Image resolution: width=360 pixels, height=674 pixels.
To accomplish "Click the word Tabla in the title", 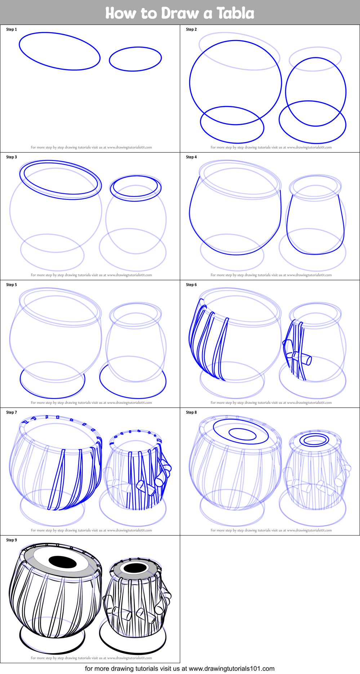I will pos(235,13).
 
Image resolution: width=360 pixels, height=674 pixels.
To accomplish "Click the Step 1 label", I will pos(12,30).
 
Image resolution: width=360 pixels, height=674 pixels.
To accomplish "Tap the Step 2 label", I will pos(191,30).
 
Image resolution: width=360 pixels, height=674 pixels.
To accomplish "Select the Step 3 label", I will pos(12,157).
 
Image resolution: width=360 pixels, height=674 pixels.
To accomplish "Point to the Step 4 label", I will pos(191,157).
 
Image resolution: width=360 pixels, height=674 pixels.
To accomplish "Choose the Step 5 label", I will pos(12,285).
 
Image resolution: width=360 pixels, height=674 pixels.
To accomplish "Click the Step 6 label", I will pos(191,285).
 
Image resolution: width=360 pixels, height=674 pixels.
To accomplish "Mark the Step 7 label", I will pos(12,413).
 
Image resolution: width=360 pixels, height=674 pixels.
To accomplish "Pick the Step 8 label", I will pos(191,413).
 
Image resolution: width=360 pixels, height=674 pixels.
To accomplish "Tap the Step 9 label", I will pos(12,540).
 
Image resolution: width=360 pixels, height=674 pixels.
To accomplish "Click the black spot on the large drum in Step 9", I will pos(63,562).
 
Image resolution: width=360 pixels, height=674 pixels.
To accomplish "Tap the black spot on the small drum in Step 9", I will pos(135,568).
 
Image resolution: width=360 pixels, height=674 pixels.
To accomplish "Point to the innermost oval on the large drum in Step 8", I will pos(243,434).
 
